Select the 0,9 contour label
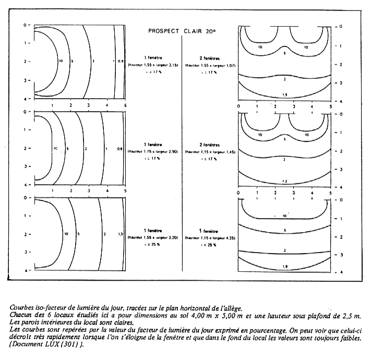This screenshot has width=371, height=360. (x=121, y=62)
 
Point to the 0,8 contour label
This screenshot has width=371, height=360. (x=121, y=149)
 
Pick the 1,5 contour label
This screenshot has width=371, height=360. (x=285, y=94)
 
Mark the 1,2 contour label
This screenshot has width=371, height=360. (x=285, y=181)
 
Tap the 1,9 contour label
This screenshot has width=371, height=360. (x=285, y=267)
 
